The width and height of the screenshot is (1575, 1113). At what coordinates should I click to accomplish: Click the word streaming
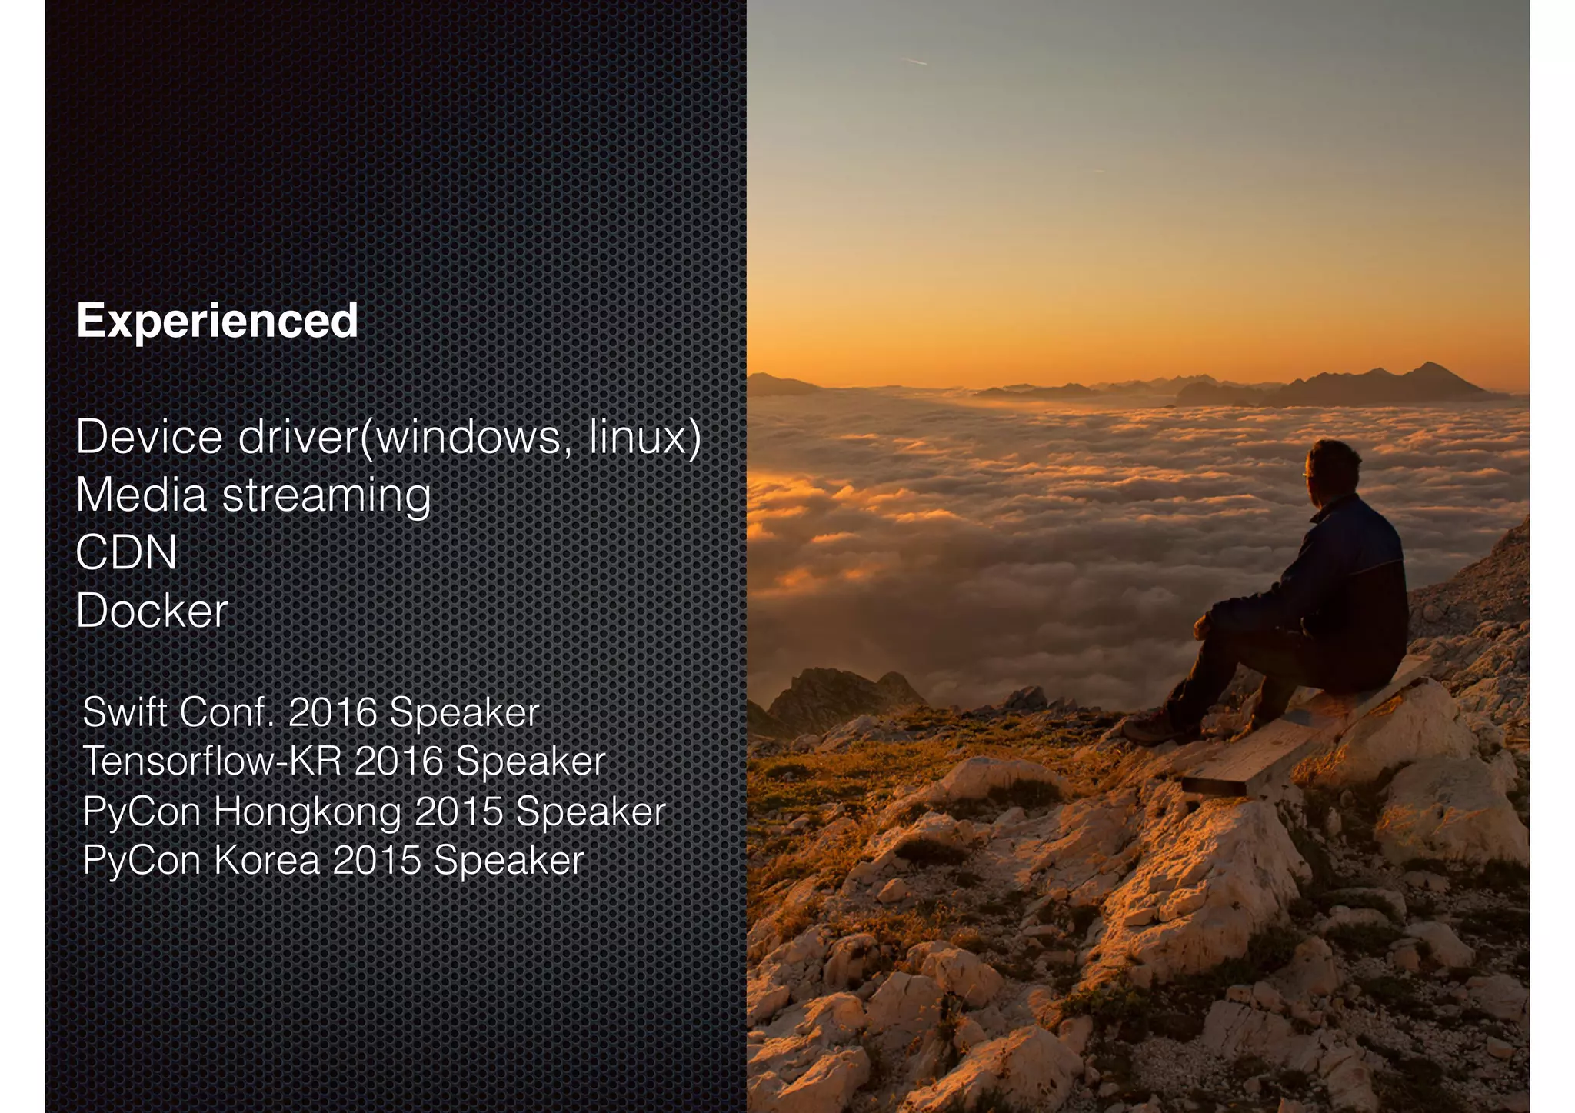[x=326, y=495]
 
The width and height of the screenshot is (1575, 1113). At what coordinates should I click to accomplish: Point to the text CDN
[x=127, y=553]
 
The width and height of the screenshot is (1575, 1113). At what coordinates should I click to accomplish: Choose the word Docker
[x=152, y=611]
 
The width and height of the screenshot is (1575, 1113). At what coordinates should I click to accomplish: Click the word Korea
[x=266, y=860]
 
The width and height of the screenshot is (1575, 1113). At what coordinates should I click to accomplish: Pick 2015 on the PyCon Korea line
[x=377, y=860]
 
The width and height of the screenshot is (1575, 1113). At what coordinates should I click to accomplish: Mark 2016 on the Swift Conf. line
[x=332, y=711]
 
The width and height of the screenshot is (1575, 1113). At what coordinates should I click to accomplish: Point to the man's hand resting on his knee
[x=1201, y=627]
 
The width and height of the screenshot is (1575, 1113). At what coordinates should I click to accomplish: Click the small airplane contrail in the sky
[x=914, y=61]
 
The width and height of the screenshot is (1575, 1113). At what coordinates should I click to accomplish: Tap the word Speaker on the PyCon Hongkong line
[x=590, y=811]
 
